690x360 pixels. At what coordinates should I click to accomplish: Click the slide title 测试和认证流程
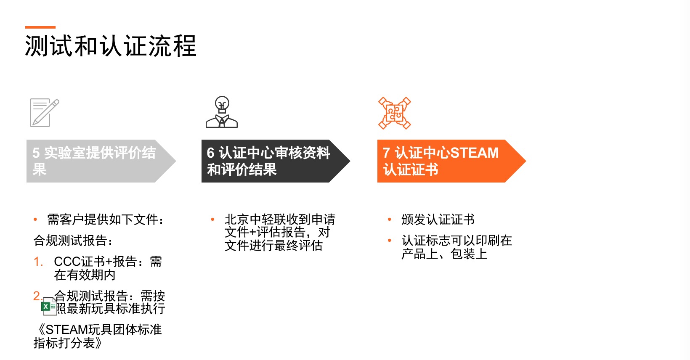[111, 46]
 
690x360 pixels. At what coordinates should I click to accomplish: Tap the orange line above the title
[40, 27]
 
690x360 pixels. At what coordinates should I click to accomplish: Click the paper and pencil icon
[44, 112]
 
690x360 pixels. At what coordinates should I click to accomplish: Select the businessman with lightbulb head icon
[222, 112]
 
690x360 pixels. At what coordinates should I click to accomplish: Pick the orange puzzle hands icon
[395, 113]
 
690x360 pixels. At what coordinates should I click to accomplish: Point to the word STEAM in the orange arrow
[475, 153]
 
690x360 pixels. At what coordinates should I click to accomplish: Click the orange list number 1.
[38, 262]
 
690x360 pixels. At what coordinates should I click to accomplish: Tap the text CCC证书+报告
[95, 262]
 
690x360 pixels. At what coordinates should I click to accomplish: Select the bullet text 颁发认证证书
[438, 220]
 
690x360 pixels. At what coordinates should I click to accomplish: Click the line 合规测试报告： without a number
[73, 241]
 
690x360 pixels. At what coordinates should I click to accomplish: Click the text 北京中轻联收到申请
[280, 220]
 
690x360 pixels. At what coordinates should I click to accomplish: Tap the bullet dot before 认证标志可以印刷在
[390, 241]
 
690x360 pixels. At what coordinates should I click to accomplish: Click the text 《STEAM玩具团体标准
[98, 330]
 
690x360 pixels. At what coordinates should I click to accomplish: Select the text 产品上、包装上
[444, 254]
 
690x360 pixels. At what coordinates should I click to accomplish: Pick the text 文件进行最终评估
[273, 246]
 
